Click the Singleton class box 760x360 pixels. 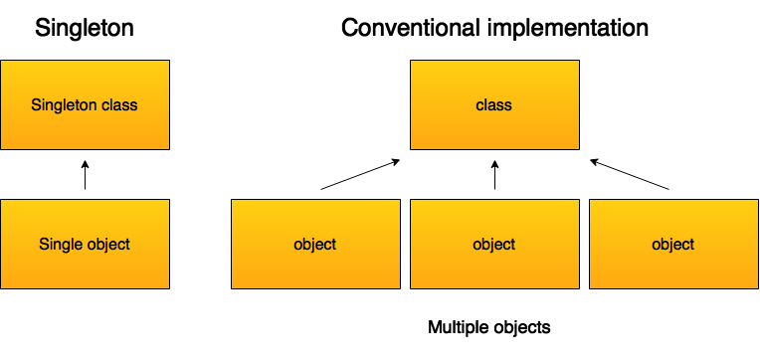(x=85, y=104)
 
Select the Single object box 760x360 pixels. (x=85, y=244)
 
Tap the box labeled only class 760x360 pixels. (x=494, y=104)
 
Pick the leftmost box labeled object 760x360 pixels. (x=315, y=244)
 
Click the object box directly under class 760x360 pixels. (x=494, y=244)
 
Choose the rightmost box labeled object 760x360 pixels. (x=673, y=244)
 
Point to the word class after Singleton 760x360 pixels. (x=119, y=104)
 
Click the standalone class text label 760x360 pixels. (x=494, y=104)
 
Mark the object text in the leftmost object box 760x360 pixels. (x=315, y=244)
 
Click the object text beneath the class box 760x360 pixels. (x=494, y=244)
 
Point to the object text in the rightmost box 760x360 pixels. (x=673, y=244)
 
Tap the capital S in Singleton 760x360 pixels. (x=36, y=104)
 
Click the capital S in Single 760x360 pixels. (x=44, y=244)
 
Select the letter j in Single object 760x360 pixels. (x=108, y=245)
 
